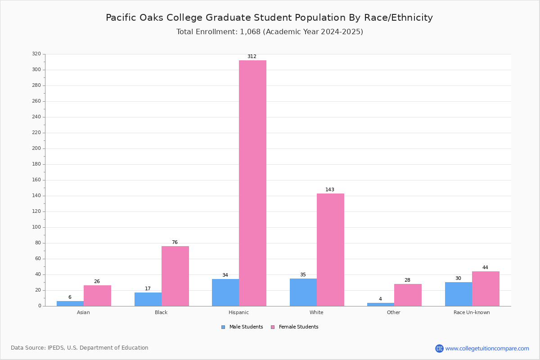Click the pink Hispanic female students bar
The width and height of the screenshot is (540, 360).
[252, 183]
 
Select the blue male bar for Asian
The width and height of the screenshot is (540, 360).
[70, 304]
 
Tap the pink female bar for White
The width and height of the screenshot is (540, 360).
[330, 250]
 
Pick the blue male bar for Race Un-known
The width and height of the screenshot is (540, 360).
[459, 294]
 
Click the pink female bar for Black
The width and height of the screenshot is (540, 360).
[175, 276]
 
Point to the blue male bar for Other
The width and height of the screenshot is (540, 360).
[381, 305]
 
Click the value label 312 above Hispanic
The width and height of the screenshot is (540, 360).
[252, 56]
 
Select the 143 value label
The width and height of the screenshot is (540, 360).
[330, 189]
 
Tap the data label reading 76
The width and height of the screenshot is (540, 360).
[175, 242]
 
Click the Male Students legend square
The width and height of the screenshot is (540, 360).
[223, 327]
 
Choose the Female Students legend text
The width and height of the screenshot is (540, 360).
[298, 327]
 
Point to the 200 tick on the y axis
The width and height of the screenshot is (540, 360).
[36, 148]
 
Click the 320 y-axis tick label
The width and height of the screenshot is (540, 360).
[36, 54]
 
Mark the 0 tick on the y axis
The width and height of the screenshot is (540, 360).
[40, 306]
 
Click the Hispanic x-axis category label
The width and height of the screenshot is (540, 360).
[238, 312]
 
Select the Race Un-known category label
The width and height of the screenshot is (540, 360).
[472, 312]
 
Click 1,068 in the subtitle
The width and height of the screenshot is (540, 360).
[250, 32]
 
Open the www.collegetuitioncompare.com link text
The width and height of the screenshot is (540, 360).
[487, 348]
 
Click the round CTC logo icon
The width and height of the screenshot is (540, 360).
[439, 348]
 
